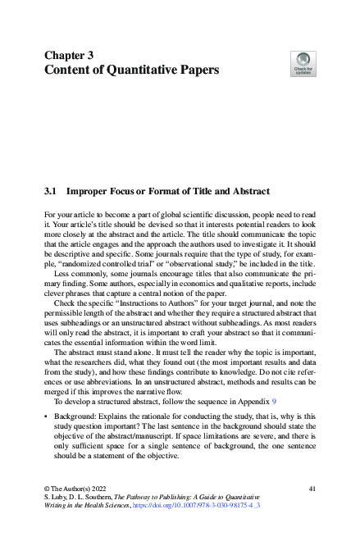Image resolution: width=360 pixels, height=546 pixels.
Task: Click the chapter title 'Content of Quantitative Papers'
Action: pos(130,71)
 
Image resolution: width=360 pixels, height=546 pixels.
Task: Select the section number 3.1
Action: pos(52,191)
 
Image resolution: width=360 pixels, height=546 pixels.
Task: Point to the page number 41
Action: pos(311,489)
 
